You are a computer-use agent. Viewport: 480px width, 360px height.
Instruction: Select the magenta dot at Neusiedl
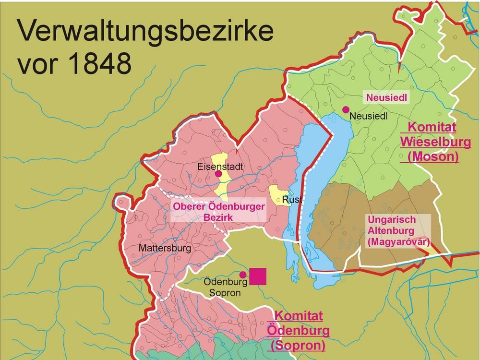(x=345, y=110)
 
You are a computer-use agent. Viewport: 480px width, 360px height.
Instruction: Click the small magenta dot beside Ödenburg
(x=243, y=275)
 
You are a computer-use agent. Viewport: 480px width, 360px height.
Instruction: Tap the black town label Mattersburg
(x=165, y=249)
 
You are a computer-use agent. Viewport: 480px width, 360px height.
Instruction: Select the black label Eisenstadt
(x=221, y=168)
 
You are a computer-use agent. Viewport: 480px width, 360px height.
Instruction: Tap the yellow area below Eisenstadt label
(x=223, y=185)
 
